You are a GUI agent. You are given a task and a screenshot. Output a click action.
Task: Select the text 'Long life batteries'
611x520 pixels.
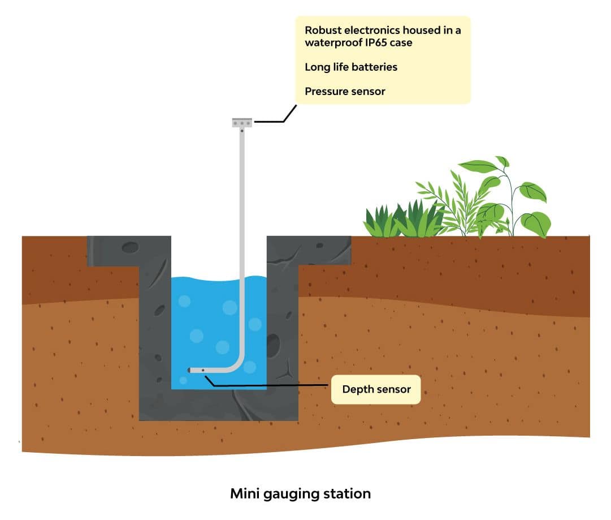point(350,67)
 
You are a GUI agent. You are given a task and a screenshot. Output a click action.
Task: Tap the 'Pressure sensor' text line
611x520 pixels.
point(345,91)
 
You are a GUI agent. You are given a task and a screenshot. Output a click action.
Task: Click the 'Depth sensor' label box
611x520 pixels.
point(376,389)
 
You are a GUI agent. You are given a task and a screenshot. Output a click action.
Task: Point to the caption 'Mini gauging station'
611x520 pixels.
point(300,493)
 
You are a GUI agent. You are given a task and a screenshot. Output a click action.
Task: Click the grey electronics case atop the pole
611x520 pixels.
point(242,122)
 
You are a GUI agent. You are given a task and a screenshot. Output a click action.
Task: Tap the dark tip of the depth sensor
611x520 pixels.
point(189,370)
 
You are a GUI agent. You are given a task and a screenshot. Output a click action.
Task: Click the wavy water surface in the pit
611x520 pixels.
point(209,281)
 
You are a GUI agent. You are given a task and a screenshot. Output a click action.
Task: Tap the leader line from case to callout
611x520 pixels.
point(277,120)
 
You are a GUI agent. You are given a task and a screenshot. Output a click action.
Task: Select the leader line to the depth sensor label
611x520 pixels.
point(271,386)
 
